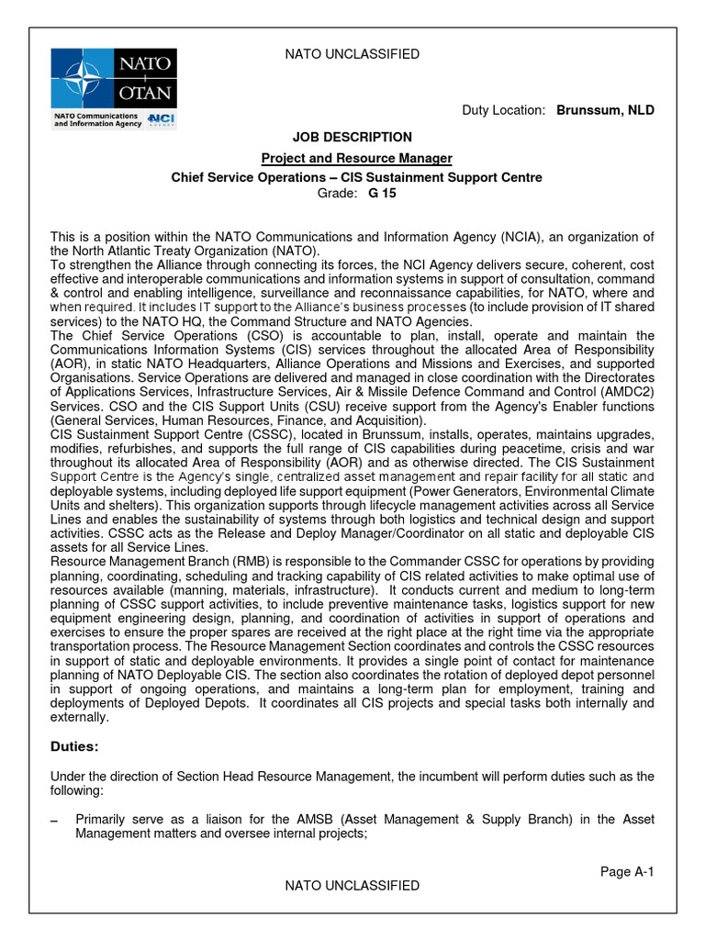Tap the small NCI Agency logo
pyautogui.click(x=162, y=120)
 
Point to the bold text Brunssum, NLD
pyautogui.click(x=605, y=110)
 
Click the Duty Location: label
pyautogui.click(x=503, y=110)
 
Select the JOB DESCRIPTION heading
pyautogui.click(x=352, y=137)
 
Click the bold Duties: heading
pyautogui.click(x=75, y=747)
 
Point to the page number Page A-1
pyautogui.click(x=627, y=871)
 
